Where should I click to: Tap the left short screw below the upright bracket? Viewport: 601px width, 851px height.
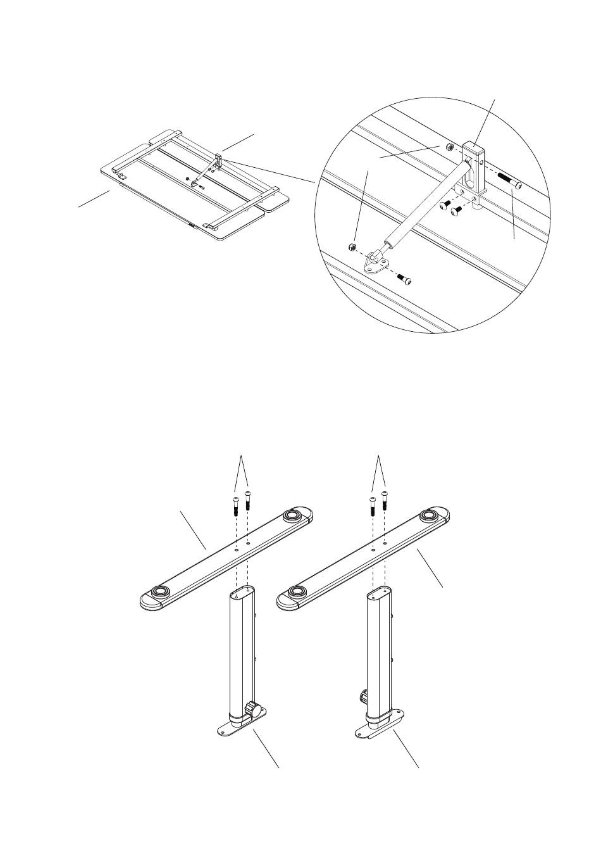[x=445, y=205]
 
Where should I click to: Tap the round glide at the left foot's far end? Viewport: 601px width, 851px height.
[x=292, y=515]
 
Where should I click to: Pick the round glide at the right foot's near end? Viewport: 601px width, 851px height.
[x=296, y=592]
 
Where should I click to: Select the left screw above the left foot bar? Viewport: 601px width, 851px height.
[x=235, y=507]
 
